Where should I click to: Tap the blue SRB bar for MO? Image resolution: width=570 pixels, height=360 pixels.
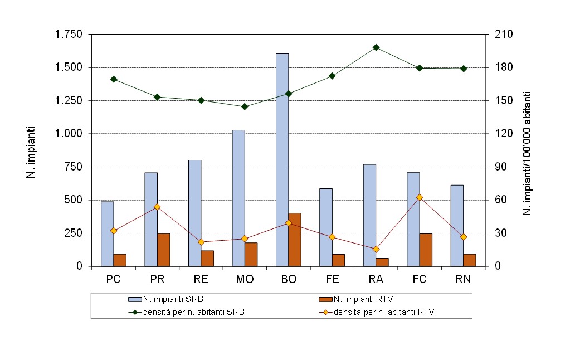pyautogui.click(x=238, y=198)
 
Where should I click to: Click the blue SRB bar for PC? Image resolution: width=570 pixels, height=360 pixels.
pyautogui.click(x=107, y=234)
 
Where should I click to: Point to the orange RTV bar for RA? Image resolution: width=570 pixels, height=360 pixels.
pyautogui.click(x=382, y=262)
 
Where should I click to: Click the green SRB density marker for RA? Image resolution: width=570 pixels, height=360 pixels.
pyautogui.click(x=376, y=47)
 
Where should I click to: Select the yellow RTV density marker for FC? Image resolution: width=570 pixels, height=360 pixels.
pyautogui.click(x=420, y=197)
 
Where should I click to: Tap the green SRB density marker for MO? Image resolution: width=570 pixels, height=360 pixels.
pyautogui.click(x=245, y=106)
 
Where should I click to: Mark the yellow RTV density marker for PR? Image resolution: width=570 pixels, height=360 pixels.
pyautogui.click(x=157, y=207)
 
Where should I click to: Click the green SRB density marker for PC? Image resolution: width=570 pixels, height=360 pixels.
pyautogui.click(x=114, y=79)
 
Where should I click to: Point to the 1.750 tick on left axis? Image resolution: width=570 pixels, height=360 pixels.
pyautogui.click(x=69, y=35)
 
